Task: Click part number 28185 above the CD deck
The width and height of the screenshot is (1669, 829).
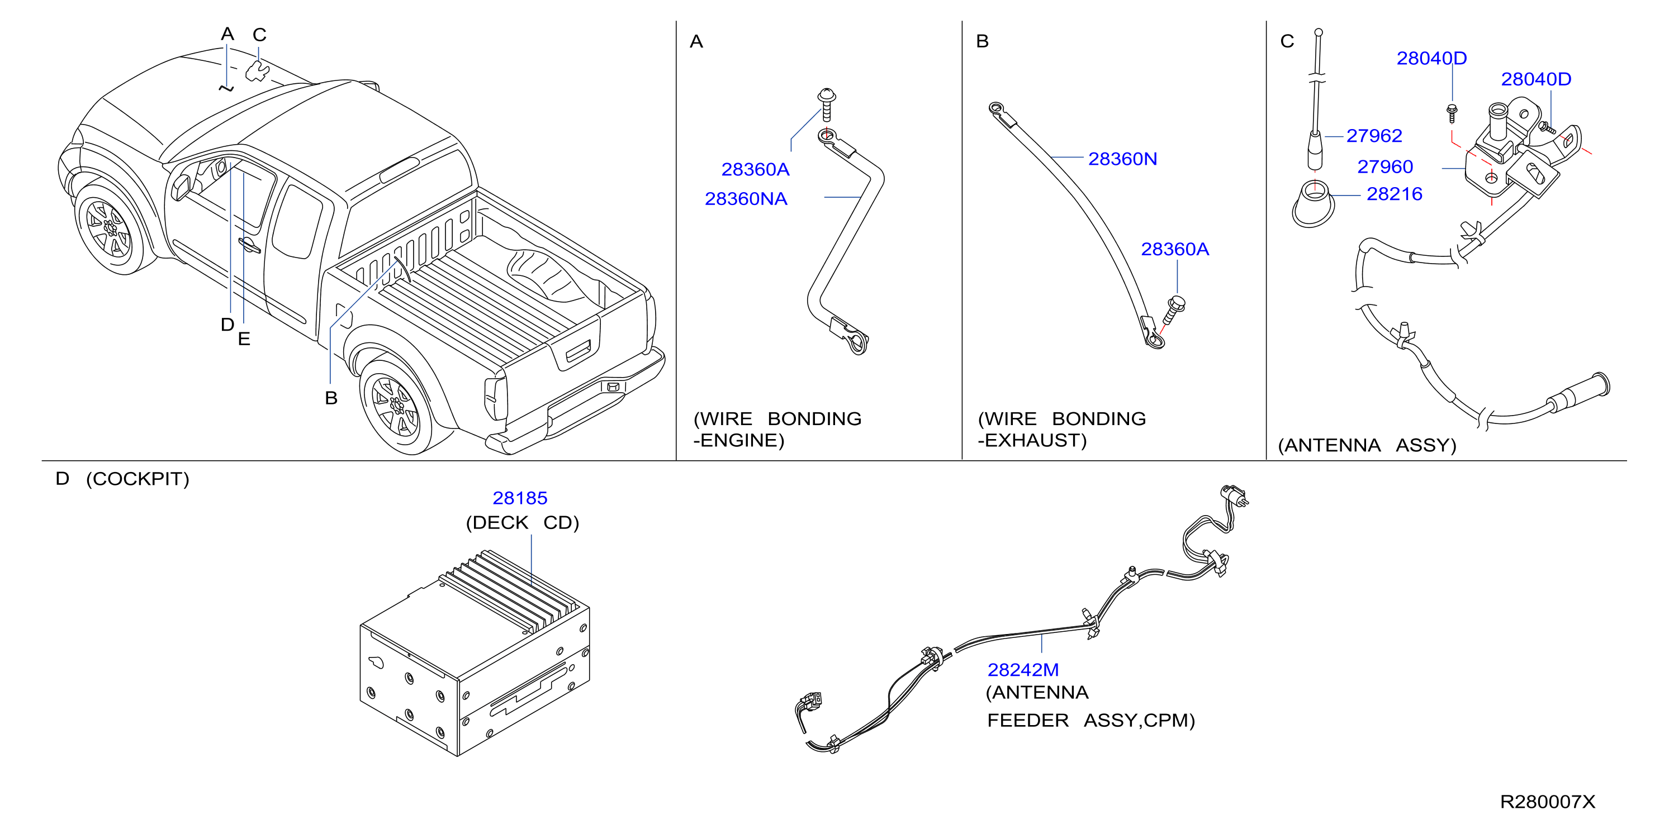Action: coord(520,498)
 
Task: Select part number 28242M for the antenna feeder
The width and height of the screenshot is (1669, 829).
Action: coord(1022,670)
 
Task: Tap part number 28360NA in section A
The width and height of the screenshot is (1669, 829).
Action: coord(746,199)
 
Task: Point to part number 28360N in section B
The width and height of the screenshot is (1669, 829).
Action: coord(1122,159)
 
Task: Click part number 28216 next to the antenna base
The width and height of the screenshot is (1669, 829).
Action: coord(1395,194)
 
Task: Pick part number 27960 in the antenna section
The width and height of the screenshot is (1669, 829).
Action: coord(1384,166)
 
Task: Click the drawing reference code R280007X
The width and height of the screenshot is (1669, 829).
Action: coord(1547,802)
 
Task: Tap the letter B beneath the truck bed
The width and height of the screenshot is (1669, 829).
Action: coord(331,398)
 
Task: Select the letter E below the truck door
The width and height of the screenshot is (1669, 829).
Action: coord(244,339)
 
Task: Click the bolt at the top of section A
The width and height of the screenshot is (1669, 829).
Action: coord(826,104)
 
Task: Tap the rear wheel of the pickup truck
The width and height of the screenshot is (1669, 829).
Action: coord(396,406)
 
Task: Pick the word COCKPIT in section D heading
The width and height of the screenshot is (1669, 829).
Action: coord(137,479)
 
